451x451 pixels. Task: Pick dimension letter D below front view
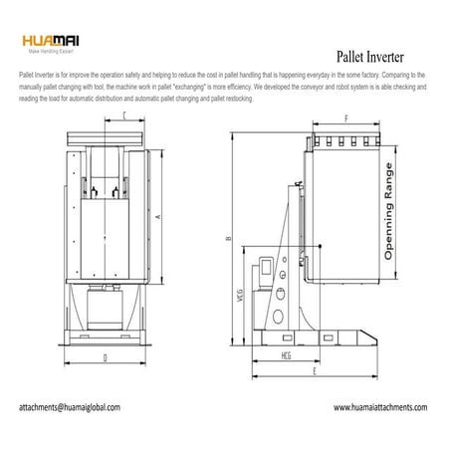[105, 356]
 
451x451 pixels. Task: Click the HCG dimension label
[287, 355]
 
